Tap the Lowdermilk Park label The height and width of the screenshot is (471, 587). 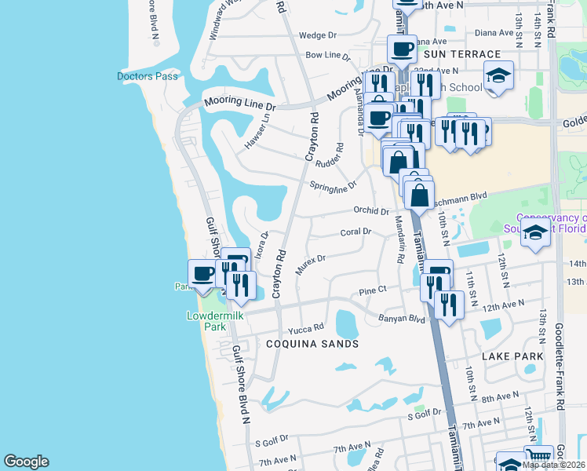point(210,321)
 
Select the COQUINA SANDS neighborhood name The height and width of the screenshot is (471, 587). point(312,344)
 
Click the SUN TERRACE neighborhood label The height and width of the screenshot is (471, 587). point(461,54)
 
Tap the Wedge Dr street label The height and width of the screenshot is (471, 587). point(317,35)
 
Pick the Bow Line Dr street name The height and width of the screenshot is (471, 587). point(327,56)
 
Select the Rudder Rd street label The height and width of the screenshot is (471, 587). point(330,158)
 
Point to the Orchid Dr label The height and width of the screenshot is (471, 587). point(371,211)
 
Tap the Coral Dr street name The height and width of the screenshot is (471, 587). point(355,232)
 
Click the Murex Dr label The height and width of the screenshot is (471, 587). point(310,264)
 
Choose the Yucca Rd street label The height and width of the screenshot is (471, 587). point(305,328)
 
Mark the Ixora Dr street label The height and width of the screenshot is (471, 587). point(262,245)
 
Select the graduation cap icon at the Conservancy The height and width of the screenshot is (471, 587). point(536,232)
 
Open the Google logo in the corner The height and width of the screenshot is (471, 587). point(26,462)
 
